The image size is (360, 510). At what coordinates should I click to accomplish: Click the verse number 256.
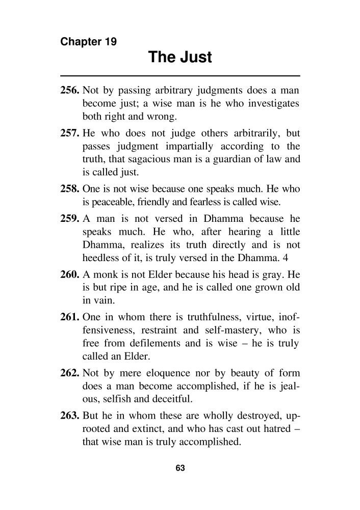click(70, 92)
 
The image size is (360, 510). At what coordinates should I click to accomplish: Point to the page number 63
click(179, 468)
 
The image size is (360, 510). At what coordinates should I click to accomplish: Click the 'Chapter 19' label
click(88, 42)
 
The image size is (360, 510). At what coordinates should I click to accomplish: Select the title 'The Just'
click(179, 57)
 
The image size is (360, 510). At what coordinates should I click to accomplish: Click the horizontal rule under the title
click(179, 75)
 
